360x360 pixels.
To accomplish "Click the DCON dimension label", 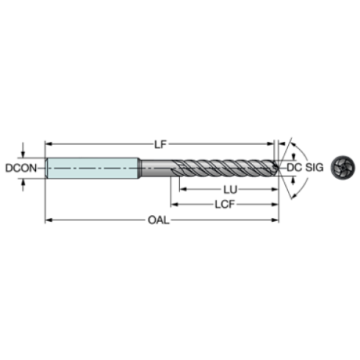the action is coord(21,168).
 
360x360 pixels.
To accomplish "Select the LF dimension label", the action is coord(160,144).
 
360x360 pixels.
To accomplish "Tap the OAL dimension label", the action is coord(159,220).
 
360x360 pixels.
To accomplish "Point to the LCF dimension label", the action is coord(225,204).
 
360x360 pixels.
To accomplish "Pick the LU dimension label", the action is coord(230,190).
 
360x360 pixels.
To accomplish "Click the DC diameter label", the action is coord(294,168).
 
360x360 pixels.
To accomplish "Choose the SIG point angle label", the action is coord(314,168).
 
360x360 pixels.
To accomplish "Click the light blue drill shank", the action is coord(93,168).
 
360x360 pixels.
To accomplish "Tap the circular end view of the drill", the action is coord(343,168).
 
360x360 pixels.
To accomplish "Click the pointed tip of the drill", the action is coord(278,168).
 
